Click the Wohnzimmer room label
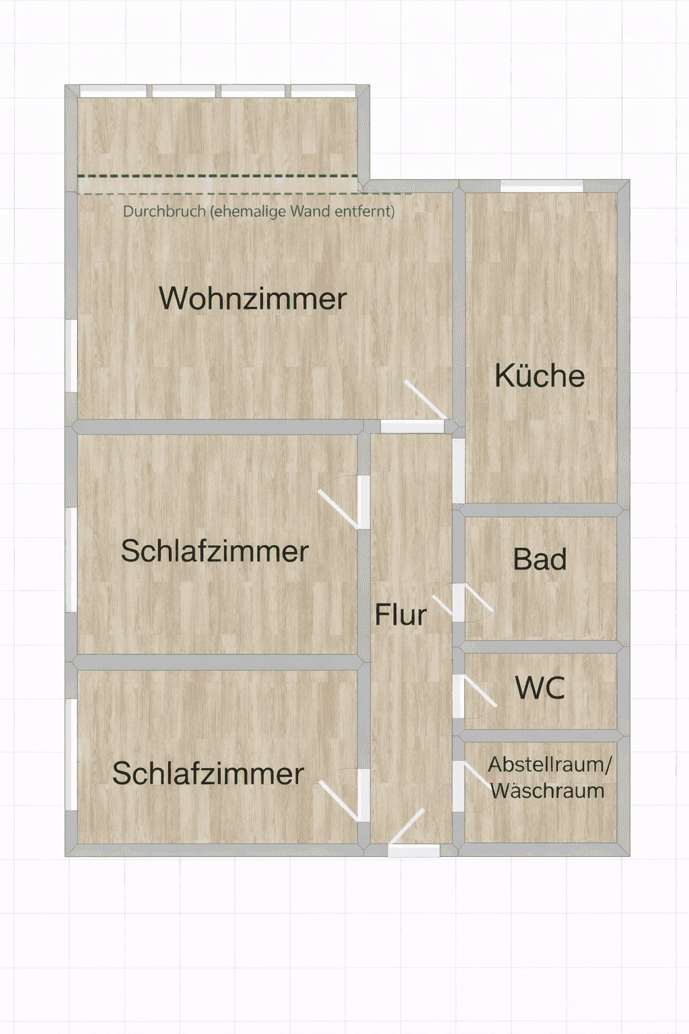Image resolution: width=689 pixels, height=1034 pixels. (252, 299)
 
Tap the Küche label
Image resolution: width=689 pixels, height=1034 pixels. (539, 376)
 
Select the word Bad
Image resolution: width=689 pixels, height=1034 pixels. (540, 560)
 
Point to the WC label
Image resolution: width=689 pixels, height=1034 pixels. (540, 688)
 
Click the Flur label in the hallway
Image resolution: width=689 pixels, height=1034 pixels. (400, 615)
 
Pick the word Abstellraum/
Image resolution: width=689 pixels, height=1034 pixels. (550, 765)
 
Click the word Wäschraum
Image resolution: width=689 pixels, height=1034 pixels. (547, 791)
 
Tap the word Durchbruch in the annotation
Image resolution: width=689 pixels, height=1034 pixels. (164, 211)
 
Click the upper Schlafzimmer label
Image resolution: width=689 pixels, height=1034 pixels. (215, 551)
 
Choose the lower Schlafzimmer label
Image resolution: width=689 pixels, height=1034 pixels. (208, 773)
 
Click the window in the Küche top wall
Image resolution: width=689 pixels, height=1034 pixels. (541, 186)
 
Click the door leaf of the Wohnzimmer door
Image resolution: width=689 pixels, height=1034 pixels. (425, 400)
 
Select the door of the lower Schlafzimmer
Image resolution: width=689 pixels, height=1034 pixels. (338, 800)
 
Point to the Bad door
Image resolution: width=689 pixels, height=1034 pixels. (478, 598)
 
